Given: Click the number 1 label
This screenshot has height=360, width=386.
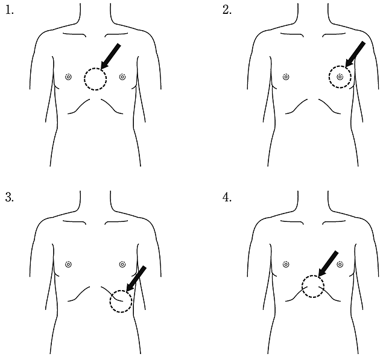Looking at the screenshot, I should tap(8, 11).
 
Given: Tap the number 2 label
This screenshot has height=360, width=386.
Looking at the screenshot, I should tap(227, 11).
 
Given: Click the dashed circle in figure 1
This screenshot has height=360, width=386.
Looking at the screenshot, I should tap(95, 78).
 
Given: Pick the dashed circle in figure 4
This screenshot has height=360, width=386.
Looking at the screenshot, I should tap(313, 286).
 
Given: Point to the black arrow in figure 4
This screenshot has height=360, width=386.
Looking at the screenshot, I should tap(328, 265).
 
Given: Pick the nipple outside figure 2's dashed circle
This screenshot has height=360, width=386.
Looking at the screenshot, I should tap(286, 77).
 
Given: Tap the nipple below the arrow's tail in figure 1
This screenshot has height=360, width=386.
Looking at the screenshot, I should tap(122, 77).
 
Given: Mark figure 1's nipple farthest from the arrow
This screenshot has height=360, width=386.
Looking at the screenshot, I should tap(68, 77).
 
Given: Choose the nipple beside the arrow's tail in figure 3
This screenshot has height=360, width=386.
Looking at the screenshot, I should tap(122, 264).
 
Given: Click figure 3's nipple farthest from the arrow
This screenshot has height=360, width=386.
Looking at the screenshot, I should tap(68, 264).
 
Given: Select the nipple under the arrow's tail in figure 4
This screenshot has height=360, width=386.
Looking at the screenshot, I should tap(341, 264).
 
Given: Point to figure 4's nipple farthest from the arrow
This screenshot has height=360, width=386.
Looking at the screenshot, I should tap(286, 264).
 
